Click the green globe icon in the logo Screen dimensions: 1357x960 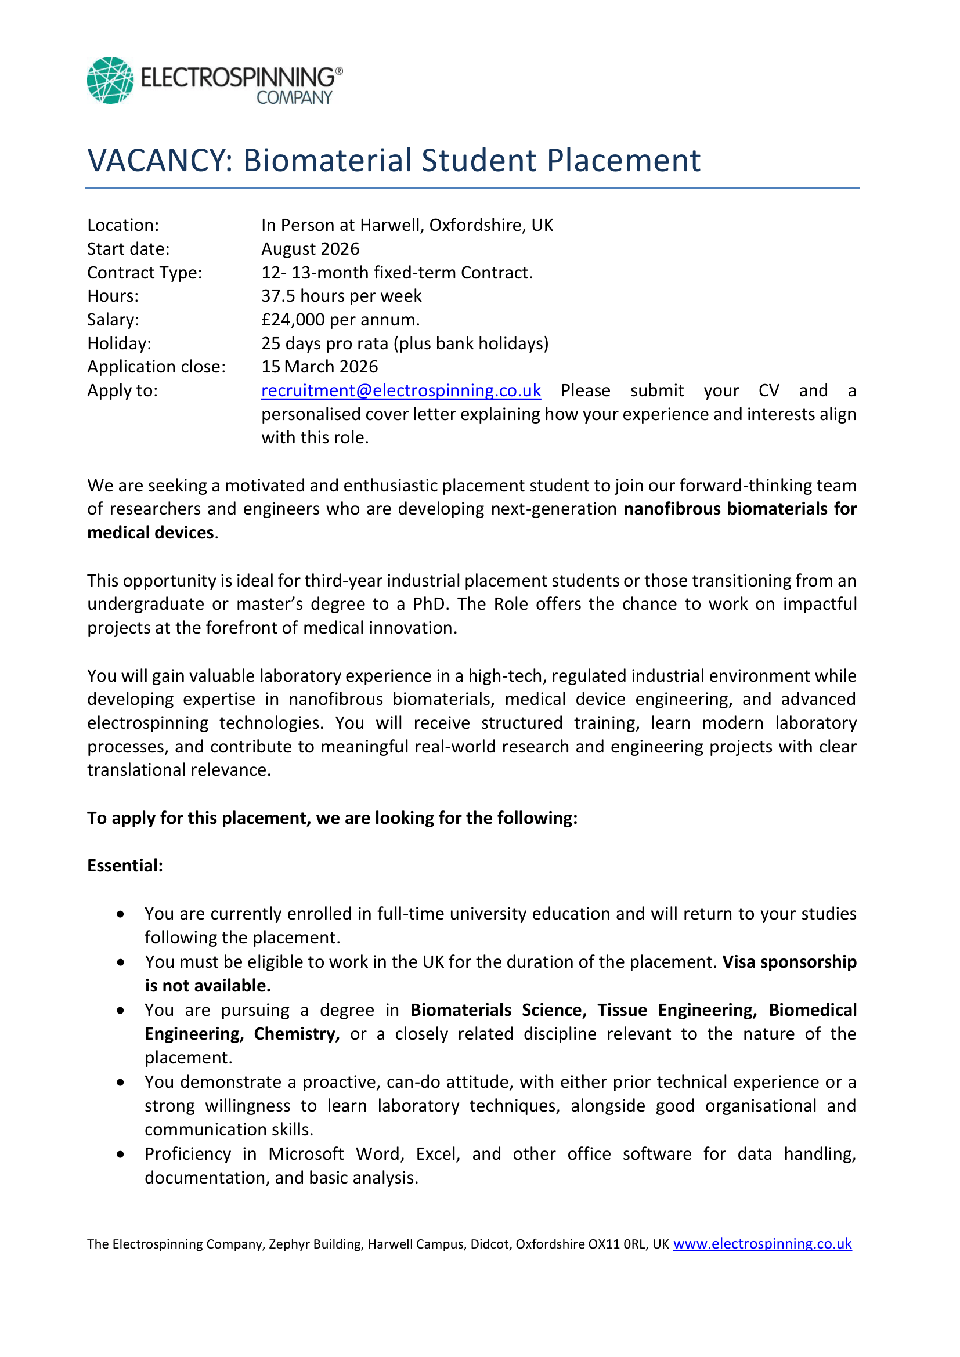[x=110, y=81]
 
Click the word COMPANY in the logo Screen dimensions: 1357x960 [x=294, y=97]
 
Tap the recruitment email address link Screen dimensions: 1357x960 [x=401, y=390]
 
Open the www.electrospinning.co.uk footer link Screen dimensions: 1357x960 [x=762, y=1243]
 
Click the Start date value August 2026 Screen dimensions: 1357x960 [x=311, y=249]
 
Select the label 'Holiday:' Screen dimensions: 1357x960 [x=120, y=343]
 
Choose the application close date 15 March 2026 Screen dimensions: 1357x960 [x=319, y=367]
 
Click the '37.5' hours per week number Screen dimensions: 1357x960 [x=279, y=296]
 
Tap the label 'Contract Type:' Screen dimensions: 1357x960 [x=145, y=273]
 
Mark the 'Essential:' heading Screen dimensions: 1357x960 [x=125, y=866]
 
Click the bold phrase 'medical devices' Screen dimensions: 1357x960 [x=151, y=533]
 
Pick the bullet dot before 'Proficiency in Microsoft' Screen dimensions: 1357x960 [x=121, y=1154]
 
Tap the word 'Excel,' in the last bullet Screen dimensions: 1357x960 [x=438, y=1154]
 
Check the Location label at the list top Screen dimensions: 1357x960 [x=123, y=225]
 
